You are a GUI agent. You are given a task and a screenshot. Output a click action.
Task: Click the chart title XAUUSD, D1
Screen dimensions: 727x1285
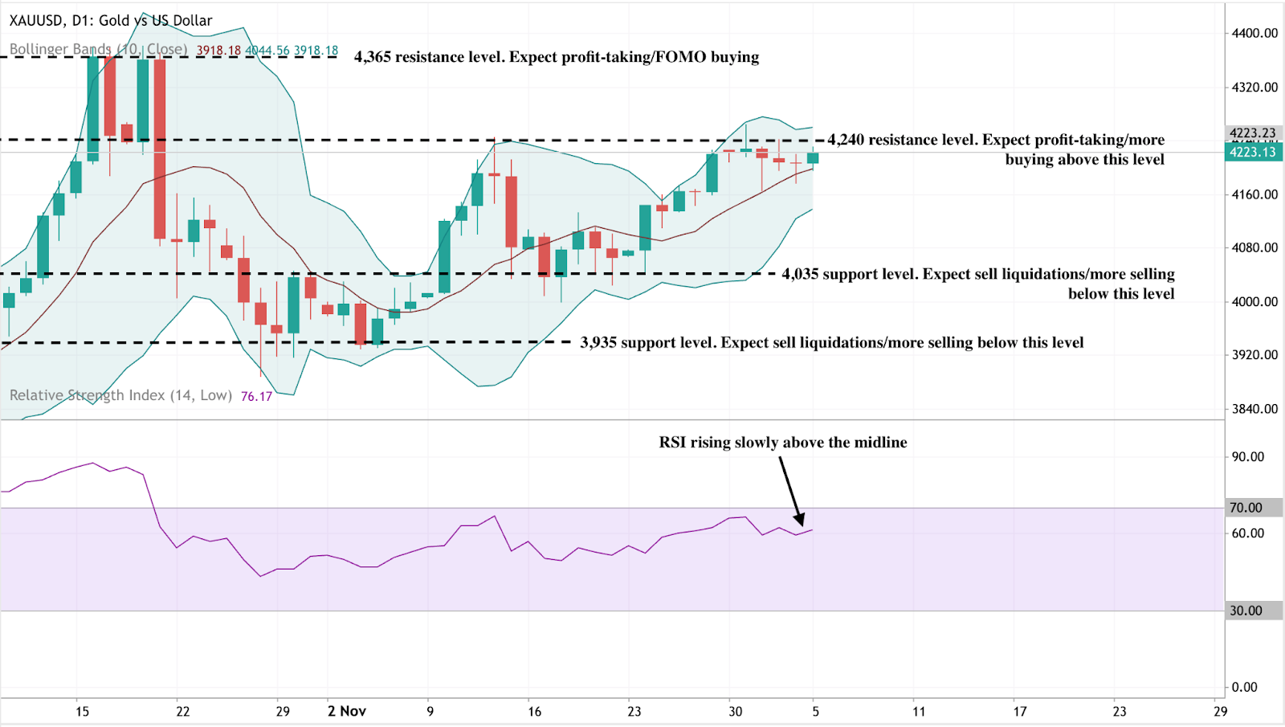click(111, 20)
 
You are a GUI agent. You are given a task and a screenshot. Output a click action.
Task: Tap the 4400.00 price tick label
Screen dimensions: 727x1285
click(1254, 33)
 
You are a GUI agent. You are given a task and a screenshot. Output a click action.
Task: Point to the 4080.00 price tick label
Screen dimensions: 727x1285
click(1254, 247)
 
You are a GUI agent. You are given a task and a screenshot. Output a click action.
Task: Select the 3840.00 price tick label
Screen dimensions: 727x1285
click(1254, 408)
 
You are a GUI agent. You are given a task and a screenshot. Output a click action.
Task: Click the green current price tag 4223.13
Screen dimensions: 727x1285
click(1252, 152)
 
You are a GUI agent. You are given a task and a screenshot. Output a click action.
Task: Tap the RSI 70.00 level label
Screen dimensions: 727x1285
click(1246, 508)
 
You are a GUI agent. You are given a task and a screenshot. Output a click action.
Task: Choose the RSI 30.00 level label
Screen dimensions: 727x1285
click(1246, 611)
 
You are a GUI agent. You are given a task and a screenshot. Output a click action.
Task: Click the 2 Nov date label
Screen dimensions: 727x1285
click(347, 711)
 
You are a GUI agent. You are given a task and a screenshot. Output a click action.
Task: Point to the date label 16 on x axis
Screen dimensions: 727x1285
click(534, 711)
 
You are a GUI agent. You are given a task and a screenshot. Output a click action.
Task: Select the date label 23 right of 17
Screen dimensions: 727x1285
click(1119, 711)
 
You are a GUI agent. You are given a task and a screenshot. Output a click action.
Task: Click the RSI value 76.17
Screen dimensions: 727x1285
click(256, 396)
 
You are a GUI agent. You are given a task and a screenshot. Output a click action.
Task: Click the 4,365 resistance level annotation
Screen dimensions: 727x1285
click(556, 57)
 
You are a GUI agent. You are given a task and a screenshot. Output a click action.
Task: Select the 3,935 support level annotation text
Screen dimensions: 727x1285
click(831, 342)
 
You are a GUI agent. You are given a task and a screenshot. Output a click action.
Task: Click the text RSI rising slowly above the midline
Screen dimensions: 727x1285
click(782, 442)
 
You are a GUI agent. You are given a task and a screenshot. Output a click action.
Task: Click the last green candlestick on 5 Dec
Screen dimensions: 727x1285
click(813, 158)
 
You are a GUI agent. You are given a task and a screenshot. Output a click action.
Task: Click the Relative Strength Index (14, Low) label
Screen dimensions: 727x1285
click(120, 395)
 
